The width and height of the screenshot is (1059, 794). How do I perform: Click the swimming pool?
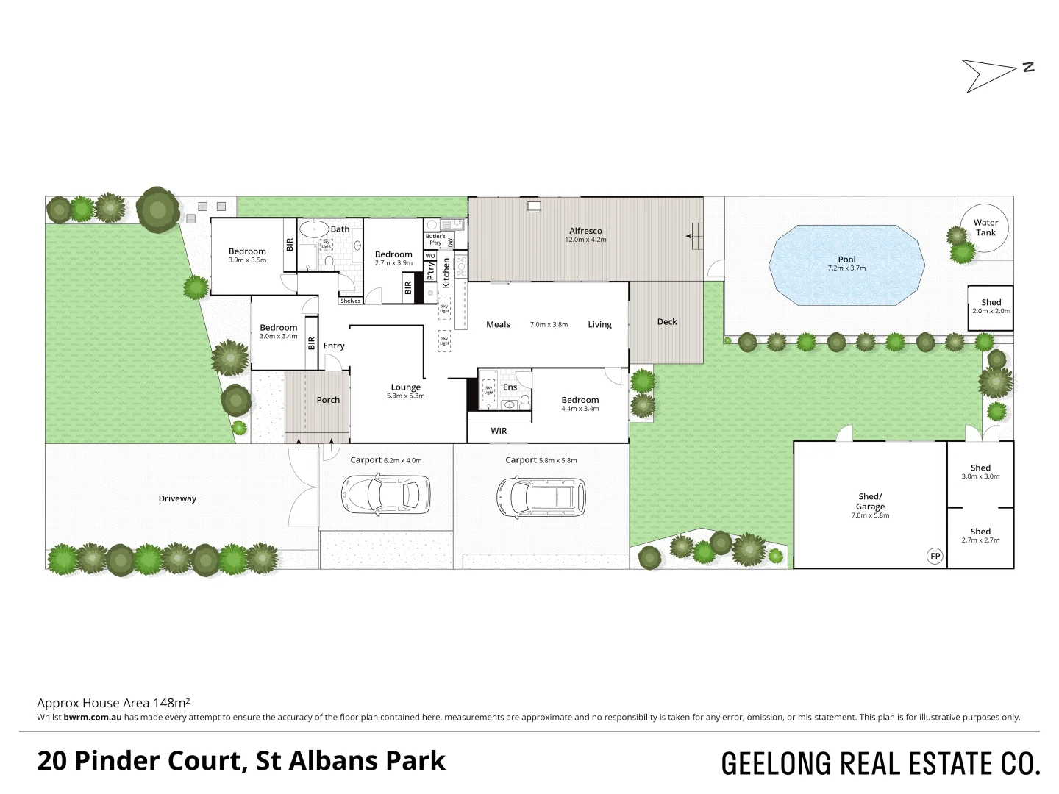point(846,265)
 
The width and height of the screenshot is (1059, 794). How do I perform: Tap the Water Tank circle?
point(985,227)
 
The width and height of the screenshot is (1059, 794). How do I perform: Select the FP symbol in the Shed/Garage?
point(935,556)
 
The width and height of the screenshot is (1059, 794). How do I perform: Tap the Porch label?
point(328,400)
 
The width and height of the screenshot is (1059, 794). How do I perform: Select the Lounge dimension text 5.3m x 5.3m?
point(405,396)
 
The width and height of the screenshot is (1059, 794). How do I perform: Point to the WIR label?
point(499,431)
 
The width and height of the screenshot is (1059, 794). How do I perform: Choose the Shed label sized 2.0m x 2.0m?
point(991,302)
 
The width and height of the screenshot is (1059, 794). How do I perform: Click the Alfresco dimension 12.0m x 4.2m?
point(585,240)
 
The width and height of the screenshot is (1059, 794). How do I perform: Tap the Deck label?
point(667,321)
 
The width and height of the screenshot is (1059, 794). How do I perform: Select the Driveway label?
point(177,498)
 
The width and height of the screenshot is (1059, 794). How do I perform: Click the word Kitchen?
point(446,272)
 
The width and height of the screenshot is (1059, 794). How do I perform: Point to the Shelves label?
point(350,301)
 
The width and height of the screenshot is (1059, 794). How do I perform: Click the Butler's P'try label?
point(435,239)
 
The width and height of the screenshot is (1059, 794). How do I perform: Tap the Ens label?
point(510,387)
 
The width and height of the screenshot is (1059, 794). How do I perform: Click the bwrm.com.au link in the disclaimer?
point(93,718)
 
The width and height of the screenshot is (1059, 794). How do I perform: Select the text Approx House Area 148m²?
point(114,703)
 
